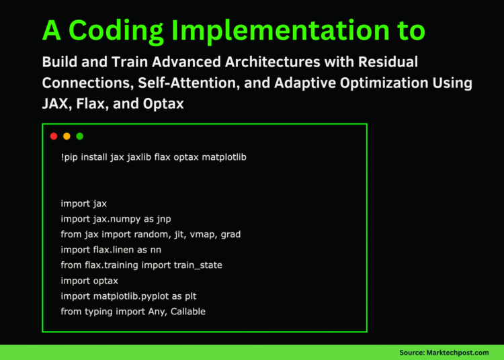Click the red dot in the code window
click(x=54, y=136)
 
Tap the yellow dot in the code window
click(x=67, y=136)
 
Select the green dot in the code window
click(x=80, y=136)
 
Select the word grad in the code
click(x=230, y=234)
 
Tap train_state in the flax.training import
click(x=196, y=265)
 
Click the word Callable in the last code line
click(x=186, y=312)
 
